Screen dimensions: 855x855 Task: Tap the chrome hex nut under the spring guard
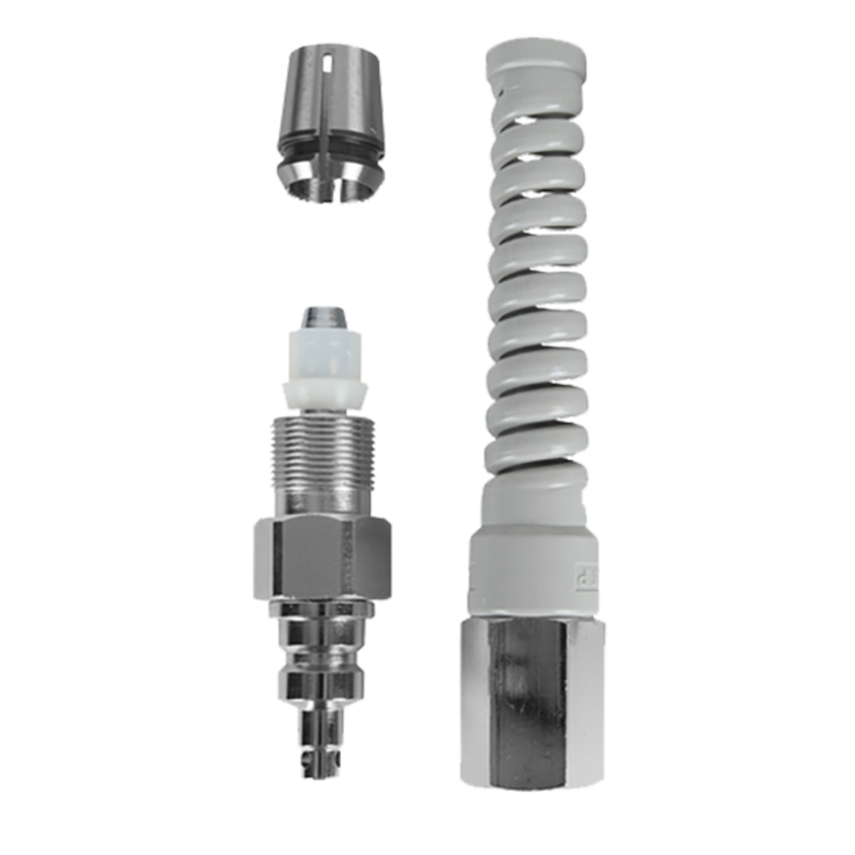(x=534, y=693)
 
